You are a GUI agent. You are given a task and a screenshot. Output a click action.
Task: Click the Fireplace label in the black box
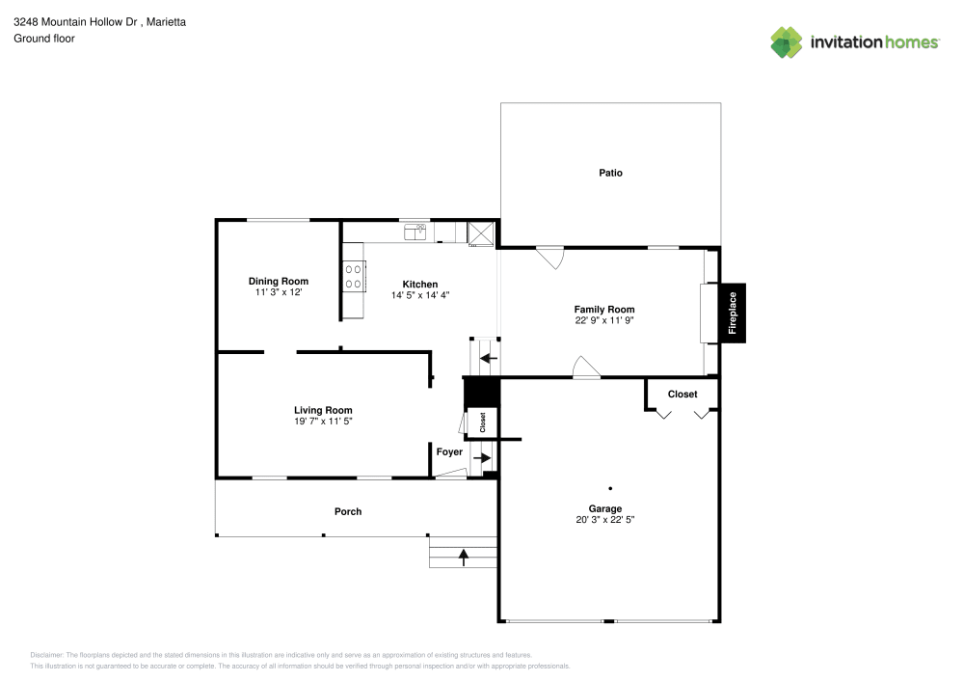(x=733, y=314)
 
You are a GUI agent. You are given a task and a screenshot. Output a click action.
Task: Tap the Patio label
(x=610, y=173)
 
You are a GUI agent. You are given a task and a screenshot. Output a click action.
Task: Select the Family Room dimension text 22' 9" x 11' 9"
(x=604, y=320)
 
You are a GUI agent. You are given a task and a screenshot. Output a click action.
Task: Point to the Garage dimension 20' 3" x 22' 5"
(x=605, y=519)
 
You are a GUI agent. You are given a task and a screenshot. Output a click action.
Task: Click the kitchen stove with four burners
(x=353, y=278)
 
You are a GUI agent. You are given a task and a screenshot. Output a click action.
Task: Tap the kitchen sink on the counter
(x=417, y=231)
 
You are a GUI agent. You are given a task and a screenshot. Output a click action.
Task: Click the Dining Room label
(x=279, y=282)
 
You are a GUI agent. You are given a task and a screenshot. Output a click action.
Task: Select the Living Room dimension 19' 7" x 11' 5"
(x=323, y=422)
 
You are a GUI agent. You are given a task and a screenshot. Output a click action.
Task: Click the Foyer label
(x=449, y=451)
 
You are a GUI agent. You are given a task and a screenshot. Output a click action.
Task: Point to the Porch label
(x=348, y=511)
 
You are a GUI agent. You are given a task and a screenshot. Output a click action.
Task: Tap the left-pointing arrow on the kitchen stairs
(x=488, y=360)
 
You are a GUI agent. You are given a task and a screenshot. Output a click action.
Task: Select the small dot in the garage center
(x=609, y=488)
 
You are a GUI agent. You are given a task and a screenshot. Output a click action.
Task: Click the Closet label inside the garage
(x=683, y=395)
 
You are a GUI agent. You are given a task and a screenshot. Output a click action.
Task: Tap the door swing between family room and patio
(x=550, y=257)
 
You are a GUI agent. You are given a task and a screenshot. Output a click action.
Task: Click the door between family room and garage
(x=585, y=368)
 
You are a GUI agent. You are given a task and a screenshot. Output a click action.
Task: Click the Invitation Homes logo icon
(x=787, y=41)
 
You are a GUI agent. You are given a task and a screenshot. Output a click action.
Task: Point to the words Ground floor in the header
(x=44, y=39)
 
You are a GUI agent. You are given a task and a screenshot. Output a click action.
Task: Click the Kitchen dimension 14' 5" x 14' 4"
(x=420, y=295)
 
